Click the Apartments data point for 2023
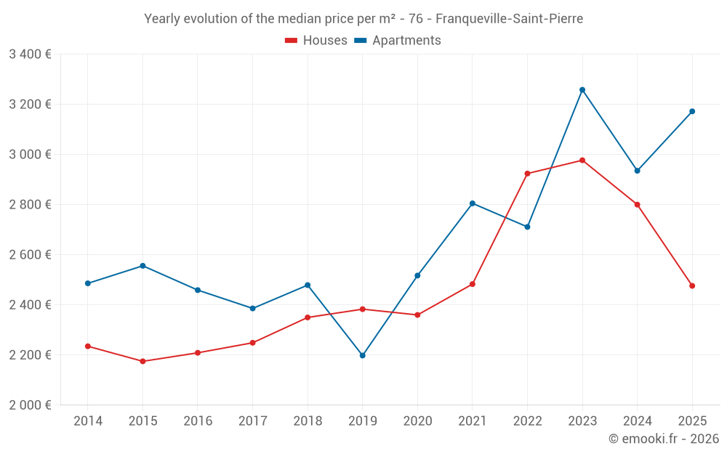[582, 90]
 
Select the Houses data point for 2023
[582, 161]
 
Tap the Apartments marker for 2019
[362, 355]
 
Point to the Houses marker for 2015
[142, 361]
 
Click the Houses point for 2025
[692, 286]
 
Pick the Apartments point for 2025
[692, 111]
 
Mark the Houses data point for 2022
[527, 174]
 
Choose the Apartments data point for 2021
[473, 203]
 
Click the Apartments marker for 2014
[88, 283]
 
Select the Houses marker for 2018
[308, 317]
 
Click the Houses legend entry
[316, 41]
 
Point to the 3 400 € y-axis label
[30, 54]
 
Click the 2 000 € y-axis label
[30, 405]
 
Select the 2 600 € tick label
[30, 254]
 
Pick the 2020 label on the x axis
[417, 421]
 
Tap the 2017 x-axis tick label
[252, 421]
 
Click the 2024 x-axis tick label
[637, 421]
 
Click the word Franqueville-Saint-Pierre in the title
[509, 19]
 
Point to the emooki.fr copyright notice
[663, 439]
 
